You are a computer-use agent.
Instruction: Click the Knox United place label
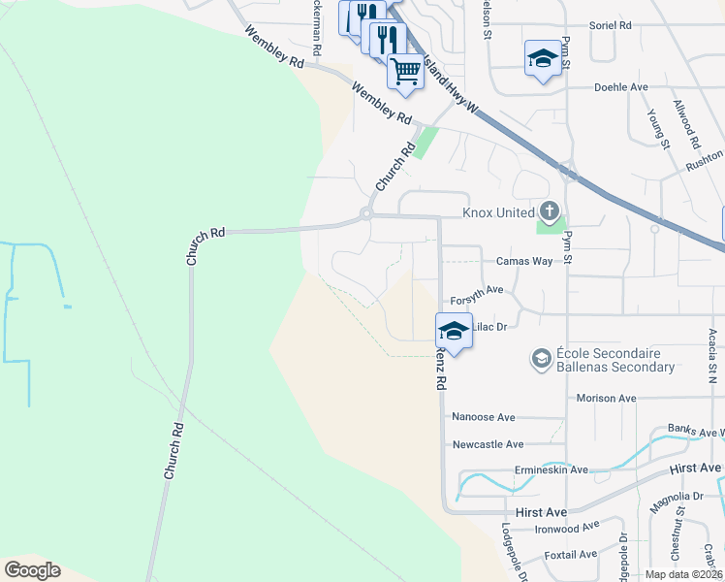tap(498, 212)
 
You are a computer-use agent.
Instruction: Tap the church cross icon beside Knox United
tap(549, 210)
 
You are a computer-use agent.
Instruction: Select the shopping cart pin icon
tap(405, 70)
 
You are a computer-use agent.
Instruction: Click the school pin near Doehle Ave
tap(544, 57)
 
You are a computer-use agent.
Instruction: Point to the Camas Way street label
tap(524, 261)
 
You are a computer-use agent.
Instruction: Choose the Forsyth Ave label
tap(477, 289)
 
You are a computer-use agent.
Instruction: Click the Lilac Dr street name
tap(489, 327)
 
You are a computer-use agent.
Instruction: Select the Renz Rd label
tap(440, 370)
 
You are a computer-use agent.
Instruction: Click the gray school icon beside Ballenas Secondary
tap(541, 360)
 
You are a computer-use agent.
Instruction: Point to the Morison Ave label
tap(606, 398)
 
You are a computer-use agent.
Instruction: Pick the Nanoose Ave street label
tap(484, 417)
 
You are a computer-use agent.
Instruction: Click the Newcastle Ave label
tap(488, 444)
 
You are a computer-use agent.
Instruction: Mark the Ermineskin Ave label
tap(552, 469)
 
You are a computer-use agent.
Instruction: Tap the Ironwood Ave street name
tap(567, 529)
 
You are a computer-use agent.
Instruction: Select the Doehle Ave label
tap(620, 86)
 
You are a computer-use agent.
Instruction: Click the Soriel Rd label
tap(611, 25)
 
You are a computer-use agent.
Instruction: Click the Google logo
tap(32, 570)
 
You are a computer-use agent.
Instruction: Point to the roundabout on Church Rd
tap(366, 213)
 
